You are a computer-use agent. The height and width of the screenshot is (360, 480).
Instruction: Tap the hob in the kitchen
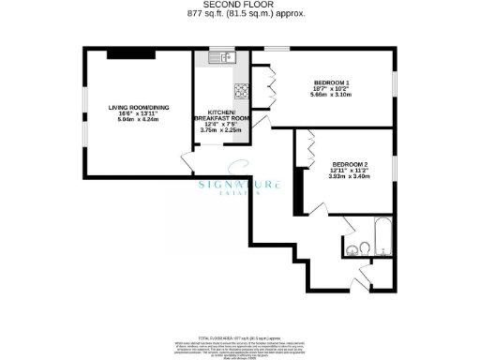coord(241,91)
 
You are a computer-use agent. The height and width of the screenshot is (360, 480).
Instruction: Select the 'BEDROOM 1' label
coord(332,83)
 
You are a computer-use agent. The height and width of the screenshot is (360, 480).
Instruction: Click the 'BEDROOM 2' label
coord(351,165)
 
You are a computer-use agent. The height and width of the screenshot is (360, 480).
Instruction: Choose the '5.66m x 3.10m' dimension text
coord(332,97)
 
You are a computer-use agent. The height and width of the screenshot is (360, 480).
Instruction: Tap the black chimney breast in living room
coord(124,52)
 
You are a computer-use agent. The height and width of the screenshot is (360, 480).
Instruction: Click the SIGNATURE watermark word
coord(239,186)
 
